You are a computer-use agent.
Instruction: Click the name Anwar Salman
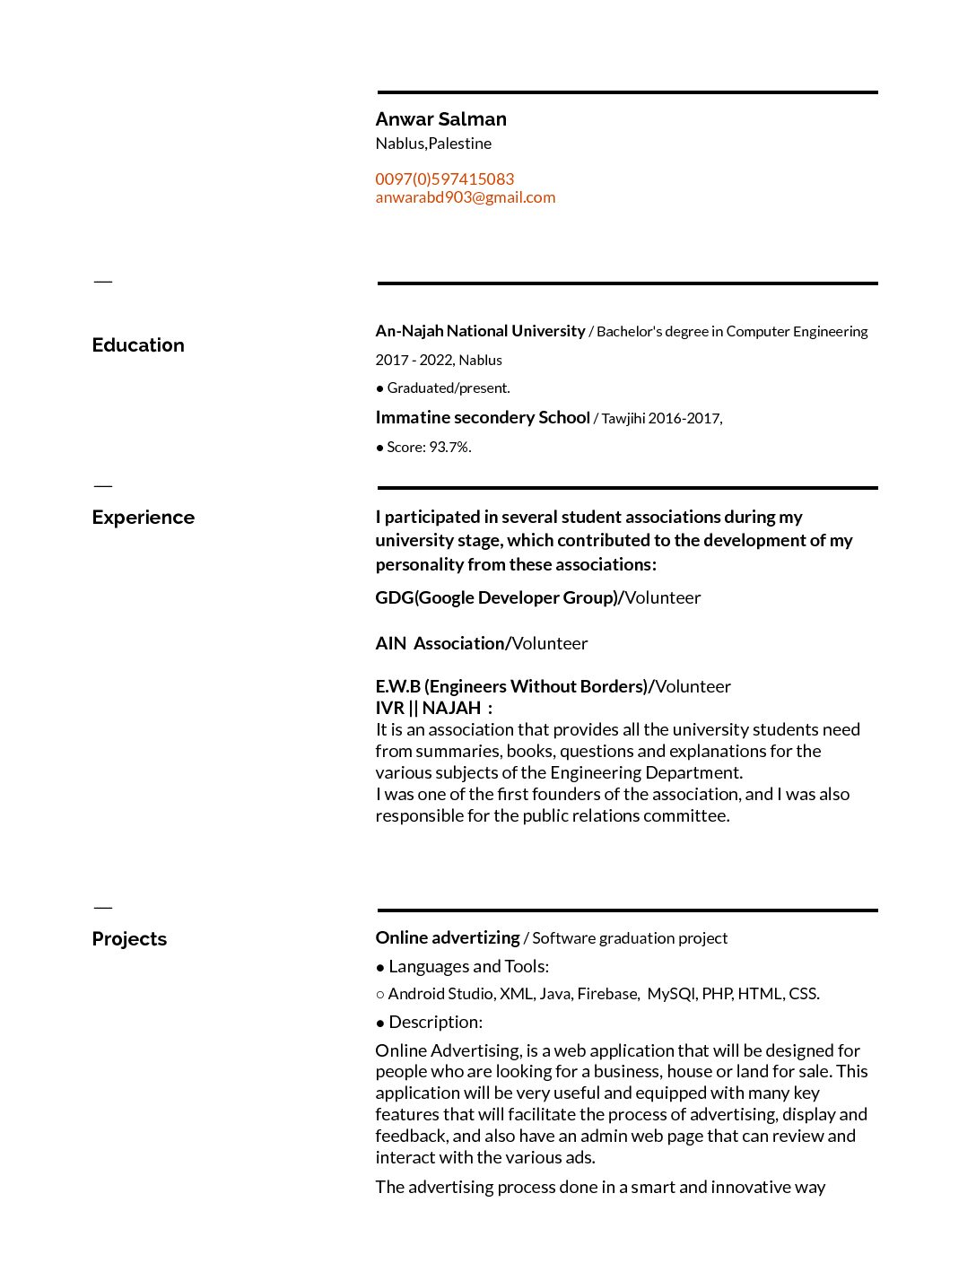[440, 119]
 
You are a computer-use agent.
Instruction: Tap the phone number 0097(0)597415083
[444, 179]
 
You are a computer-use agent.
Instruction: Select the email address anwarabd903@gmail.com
[465, 197]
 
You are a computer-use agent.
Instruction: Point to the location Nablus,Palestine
[433, 144]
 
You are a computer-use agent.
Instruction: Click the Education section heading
[138, 345]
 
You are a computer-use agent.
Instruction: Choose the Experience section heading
[143, 518]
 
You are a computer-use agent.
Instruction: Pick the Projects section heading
[129, 939]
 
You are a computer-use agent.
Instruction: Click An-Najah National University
[480, 331]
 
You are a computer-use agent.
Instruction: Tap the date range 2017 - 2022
[414, 360]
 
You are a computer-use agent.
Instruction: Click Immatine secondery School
[482, 417]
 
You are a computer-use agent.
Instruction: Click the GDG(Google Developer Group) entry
[497, 597]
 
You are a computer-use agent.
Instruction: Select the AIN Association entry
[440, 643]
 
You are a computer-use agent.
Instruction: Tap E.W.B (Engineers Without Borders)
[511, 686]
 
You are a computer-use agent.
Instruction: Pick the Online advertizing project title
[447, 937]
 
